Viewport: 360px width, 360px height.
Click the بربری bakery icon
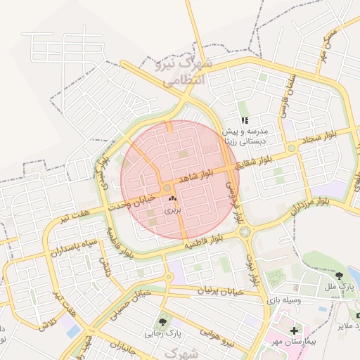(x=172, y=200)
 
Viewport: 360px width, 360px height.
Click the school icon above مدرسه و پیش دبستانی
(x=244, y=120)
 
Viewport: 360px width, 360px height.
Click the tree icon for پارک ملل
(x=340, y=276)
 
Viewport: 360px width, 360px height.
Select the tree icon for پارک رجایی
(x=163, y=322)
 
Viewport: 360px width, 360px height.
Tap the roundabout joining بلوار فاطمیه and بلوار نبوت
(x=245, y=231)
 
